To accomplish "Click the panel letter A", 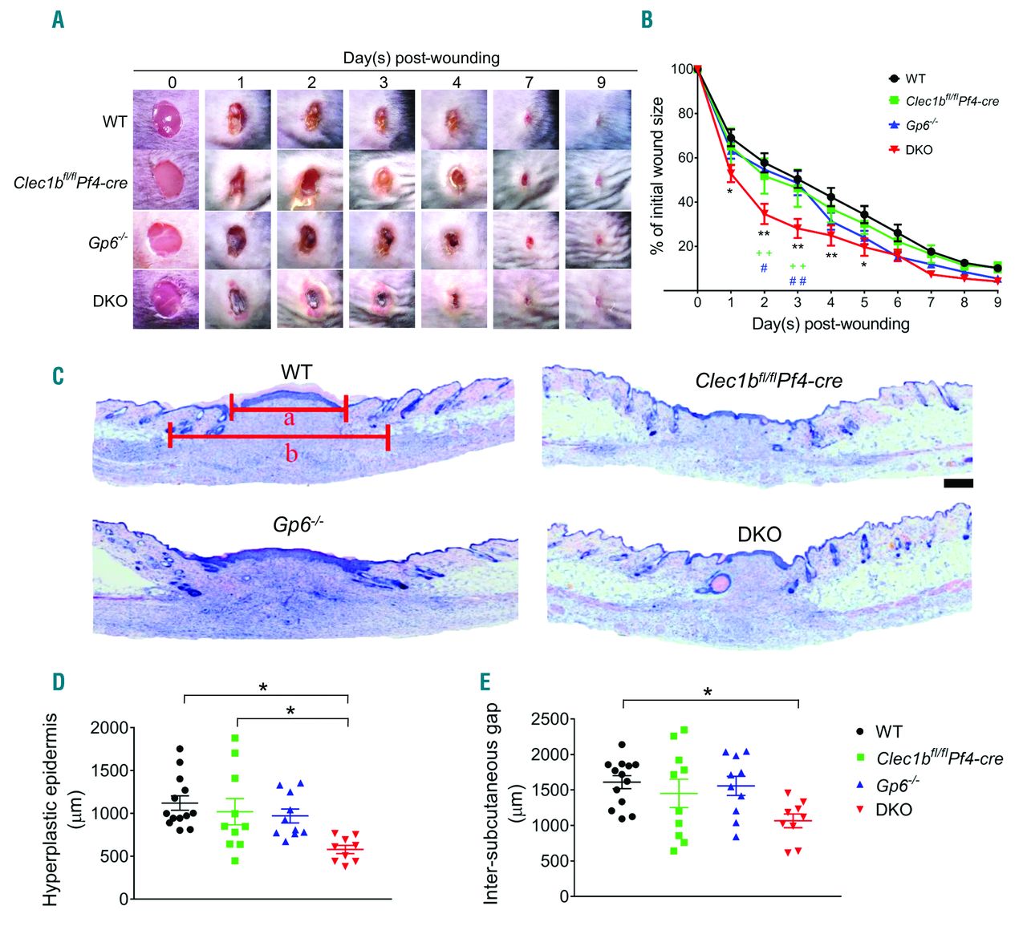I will tap(58, 20).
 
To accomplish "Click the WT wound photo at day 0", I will tap(165, 119).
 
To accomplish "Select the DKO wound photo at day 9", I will tap(599, 299).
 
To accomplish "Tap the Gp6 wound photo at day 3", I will tap(382, 239).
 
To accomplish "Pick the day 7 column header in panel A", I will tap(528, 82).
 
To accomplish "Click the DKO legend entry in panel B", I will tap(919, 150).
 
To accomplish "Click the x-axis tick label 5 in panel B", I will tap(864, 302).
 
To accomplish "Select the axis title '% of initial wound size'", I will tap(658, 176).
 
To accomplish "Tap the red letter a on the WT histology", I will tap(290, 419).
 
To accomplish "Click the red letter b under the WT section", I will tap(292, 454).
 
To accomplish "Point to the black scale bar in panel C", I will tap(958, 483).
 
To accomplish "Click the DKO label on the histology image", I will tap(759, 534).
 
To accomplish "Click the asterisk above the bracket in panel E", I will tap(708, 690).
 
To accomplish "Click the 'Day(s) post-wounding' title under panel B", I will tap(830, 325).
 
